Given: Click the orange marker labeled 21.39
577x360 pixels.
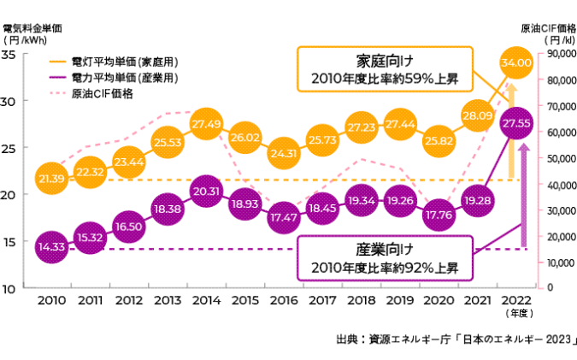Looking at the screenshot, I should tap(52, 178).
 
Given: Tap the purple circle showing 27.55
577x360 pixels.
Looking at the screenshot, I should tap(518, 124).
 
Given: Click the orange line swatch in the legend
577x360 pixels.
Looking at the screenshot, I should tap(59, 62).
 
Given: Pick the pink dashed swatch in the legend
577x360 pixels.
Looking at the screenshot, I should tap(59, 92).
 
